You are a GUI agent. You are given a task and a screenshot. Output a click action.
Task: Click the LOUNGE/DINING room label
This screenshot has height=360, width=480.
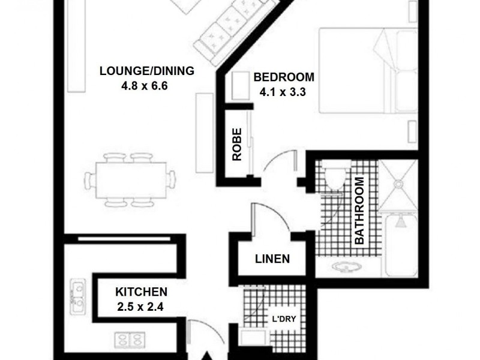point(146,71)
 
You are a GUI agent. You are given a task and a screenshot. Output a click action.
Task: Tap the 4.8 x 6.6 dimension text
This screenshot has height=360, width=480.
point(144,85)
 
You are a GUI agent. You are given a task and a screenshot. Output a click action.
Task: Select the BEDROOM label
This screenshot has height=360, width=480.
point(284,77)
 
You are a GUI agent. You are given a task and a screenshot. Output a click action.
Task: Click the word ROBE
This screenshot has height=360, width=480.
point(237,144)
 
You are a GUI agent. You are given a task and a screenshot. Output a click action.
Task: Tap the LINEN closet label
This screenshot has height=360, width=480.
point(272,260)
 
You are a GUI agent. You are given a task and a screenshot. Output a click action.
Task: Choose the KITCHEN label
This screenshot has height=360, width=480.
point(141,292)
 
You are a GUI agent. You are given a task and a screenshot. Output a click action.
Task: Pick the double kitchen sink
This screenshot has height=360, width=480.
point(77,297)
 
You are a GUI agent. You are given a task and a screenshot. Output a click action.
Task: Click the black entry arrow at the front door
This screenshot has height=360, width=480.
point(207,355)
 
